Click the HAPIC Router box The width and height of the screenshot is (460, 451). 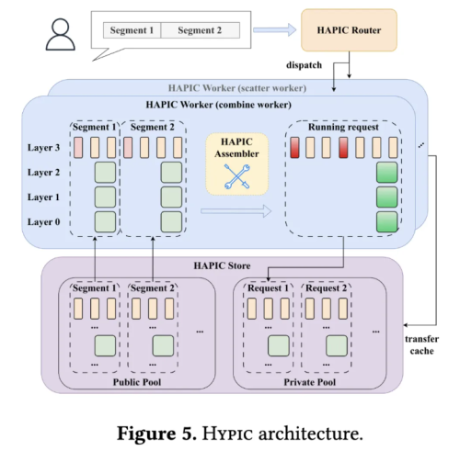tap(349, 30)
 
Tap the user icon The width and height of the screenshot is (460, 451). tap(61, 34)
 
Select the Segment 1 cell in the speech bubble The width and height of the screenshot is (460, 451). tap(132, 30)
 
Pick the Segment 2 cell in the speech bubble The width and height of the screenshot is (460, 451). tap(200, 30)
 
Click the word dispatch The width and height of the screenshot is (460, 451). tap(304, 65)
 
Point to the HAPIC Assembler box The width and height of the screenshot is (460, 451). tap(236, 163)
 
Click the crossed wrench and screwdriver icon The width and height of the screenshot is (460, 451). tap(237, 176)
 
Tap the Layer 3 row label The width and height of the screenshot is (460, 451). tap(43, 148)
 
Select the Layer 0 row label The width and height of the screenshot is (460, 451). tap(43, 221)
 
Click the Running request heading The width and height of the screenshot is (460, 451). tap(343, 127)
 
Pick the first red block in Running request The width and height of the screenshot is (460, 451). tap(294, 148)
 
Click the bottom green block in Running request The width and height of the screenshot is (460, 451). tap(387, 221)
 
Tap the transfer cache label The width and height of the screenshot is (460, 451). tap(421, 344)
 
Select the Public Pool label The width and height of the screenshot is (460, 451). tap(137, 382)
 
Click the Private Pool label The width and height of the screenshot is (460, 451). tap(310, 382)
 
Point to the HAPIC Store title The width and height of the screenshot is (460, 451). tap(222, 265)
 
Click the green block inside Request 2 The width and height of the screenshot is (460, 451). tap(337, 345)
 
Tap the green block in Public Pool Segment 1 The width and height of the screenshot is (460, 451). tap(105, 345)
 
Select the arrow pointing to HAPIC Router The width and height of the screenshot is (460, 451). tap(275, 30)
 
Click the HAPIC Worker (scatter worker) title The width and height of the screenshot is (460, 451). tap(237, 88)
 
